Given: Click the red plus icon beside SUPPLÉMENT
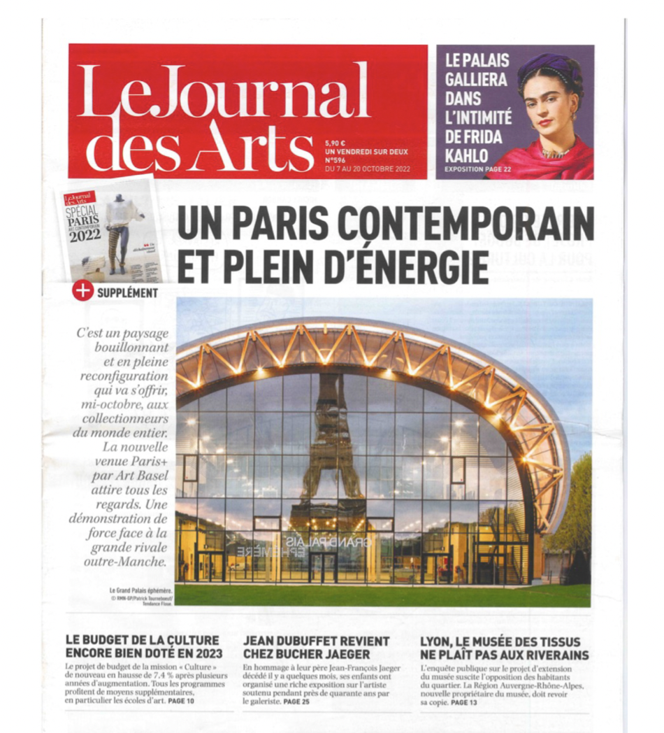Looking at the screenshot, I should (82, 292).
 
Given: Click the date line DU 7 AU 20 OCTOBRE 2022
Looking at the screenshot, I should (368, 169).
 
